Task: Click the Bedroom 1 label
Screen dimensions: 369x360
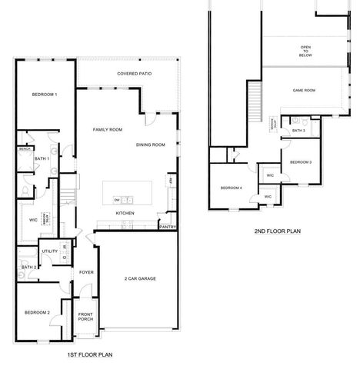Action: (44, 94)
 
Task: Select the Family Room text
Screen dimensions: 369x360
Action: (108, 130)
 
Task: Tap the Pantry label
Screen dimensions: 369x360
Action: (168, 227)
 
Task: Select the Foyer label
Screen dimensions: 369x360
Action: (85, 272)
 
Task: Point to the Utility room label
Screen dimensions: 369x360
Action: (49, 251)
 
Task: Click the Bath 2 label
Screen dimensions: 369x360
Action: (29, 266)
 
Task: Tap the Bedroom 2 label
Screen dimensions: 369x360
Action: (36, 312)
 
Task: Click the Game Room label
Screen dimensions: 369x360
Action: (304, 91)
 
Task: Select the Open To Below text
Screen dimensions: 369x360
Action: (305, 52)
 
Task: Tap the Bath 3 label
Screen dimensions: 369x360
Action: (299, 131)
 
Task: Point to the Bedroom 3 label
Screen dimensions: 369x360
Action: (301, 162)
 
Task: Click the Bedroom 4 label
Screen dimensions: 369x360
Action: (231, 188)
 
